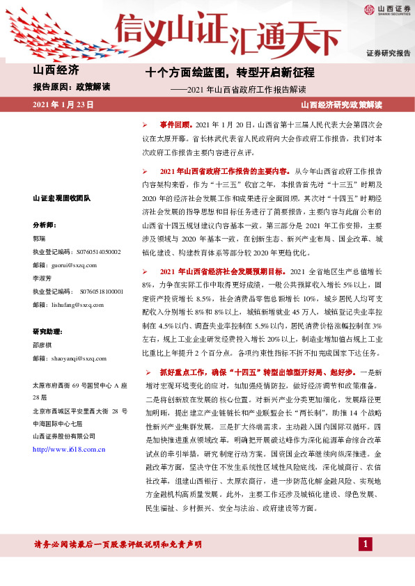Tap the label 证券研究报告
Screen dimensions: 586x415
(x=386, y=53)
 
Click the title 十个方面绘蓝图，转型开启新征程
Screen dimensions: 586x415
(x=230, y=72)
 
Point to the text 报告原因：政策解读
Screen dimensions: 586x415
(x=68, y=88)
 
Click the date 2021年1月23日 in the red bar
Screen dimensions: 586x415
(x=63, y=104)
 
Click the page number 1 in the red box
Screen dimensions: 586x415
(x=364, y=543)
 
